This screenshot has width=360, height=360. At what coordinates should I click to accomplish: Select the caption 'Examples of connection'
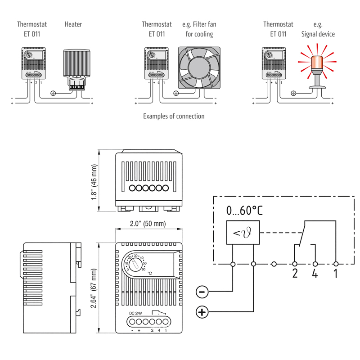pos(174,116)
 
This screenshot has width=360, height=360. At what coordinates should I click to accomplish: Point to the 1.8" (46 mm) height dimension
pos(94,182)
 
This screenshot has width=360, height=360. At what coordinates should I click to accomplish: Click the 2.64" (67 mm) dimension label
pos(94,288)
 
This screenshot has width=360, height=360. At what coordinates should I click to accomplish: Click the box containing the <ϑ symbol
pos(243,233)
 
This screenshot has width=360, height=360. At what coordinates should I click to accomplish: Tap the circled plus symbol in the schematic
pos(202,312)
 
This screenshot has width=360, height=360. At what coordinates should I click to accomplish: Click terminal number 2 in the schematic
pos(295,273)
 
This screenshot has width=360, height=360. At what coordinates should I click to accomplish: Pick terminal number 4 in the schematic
pos(315,273)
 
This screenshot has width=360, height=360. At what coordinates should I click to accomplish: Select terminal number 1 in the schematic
pos(335,273)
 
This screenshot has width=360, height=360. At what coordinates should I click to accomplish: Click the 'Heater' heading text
pos(73,24)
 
